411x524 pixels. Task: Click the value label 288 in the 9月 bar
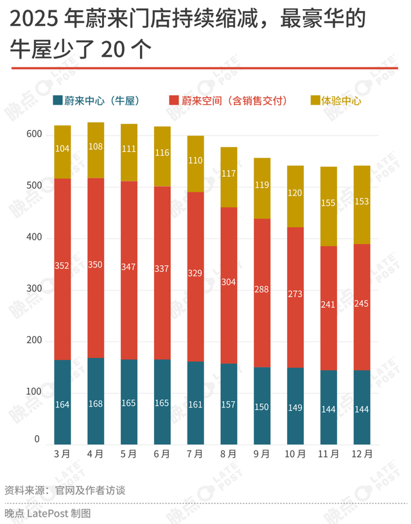pos(262,289)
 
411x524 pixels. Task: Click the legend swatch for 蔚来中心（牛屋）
pos(57,100)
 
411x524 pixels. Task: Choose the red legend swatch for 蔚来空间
pos(173,100)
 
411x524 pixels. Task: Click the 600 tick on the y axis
pos(34,135)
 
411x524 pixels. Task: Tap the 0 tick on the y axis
pos(37,440)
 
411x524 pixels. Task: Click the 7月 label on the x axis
pos(195,454)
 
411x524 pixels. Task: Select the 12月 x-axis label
pos(362,454)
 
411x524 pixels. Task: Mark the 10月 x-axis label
pos(295,454)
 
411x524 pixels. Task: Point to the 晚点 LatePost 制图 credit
pos(48,513)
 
